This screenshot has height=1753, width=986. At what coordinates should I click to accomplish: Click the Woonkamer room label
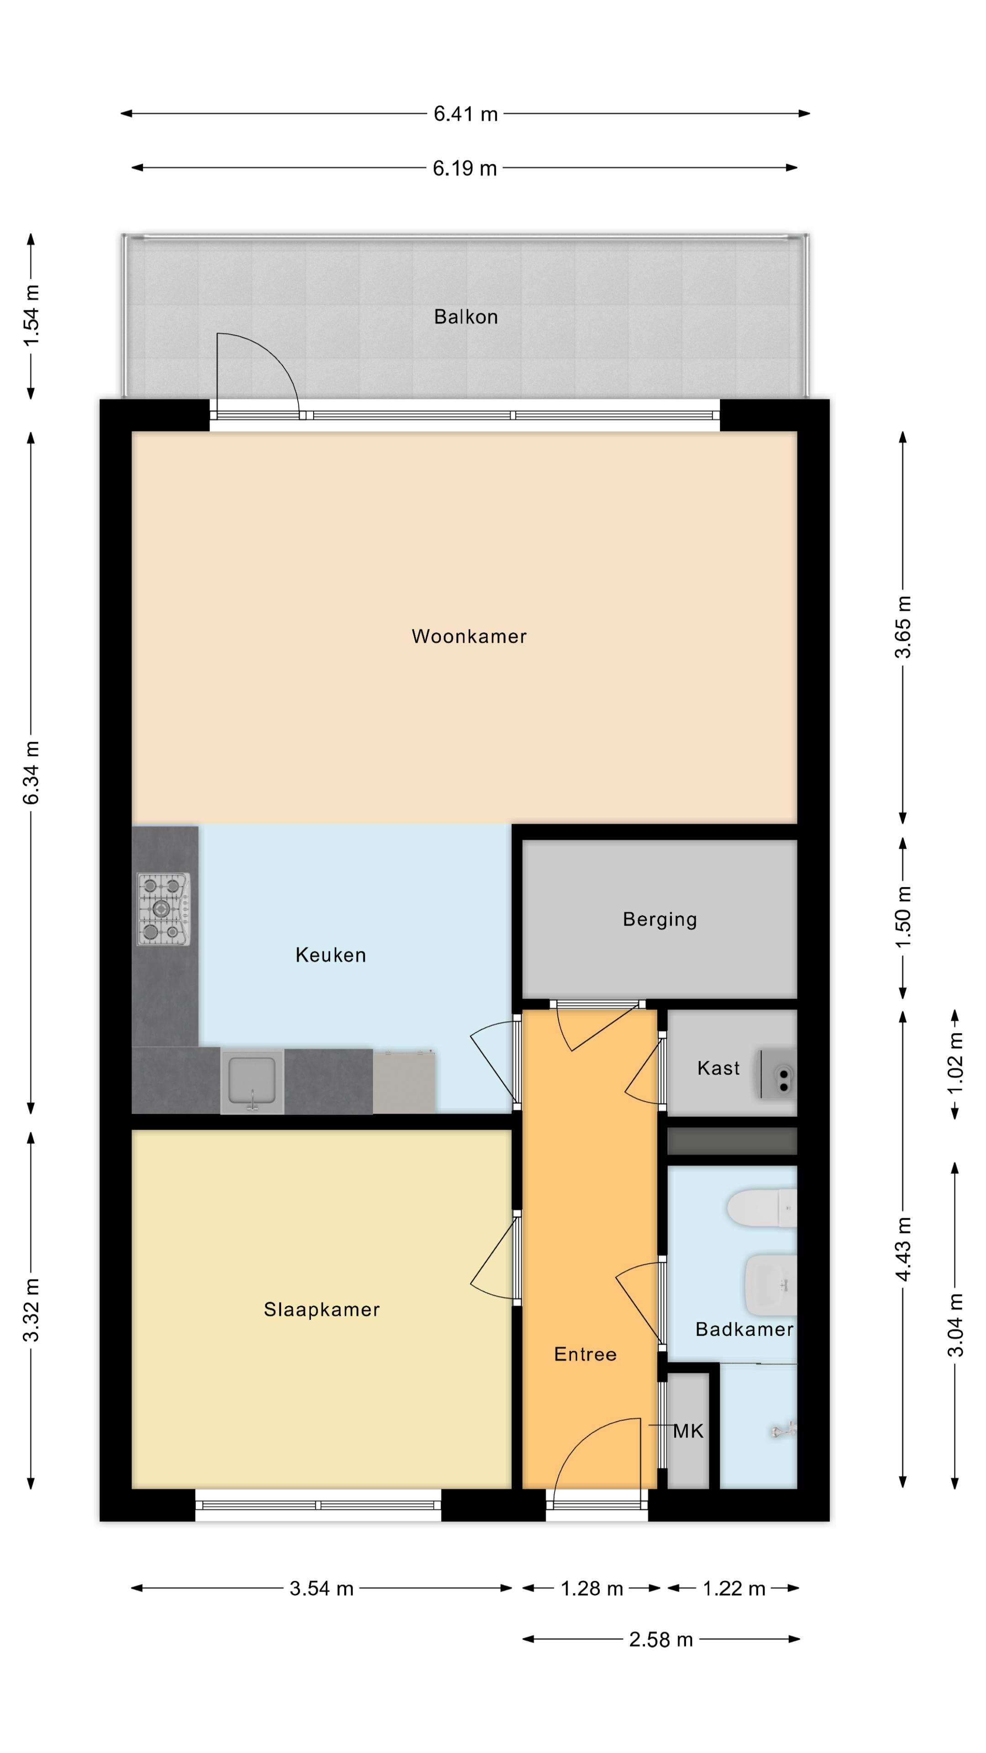(469, 636)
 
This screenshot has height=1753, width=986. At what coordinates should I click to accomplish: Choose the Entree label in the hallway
(585, 1354)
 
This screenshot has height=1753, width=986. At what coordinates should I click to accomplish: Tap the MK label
(688, 1431)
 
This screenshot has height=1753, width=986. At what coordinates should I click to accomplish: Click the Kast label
(719, 1068)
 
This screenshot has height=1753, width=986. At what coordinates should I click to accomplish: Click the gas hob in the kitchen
(163, 908)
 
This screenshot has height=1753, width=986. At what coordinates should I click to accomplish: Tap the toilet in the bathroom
(762, 1208)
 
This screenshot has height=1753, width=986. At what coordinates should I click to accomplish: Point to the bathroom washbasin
(771, 1285)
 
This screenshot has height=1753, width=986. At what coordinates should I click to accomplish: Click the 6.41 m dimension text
(466, 114)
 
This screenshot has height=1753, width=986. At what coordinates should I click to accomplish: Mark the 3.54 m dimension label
(321, 1588)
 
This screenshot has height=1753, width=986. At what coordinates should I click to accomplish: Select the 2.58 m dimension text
(661, 1639)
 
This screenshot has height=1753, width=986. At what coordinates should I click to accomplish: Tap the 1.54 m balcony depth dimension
(31, 316)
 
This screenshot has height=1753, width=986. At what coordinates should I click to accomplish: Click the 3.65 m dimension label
(902, 627)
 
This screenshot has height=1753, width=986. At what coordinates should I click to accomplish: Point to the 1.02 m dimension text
(955, 1063)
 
